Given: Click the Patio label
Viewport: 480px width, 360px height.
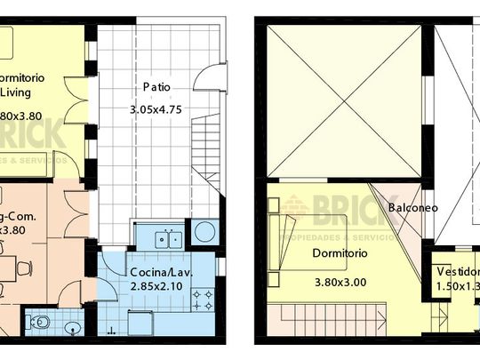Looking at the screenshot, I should coord(156,87).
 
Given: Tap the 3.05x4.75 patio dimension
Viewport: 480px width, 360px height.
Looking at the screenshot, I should coord(157,110).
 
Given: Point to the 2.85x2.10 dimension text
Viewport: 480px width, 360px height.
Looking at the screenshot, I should coord(156,287).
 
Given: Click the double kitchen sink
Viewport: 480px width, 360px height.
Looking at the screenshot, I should coord(167,238).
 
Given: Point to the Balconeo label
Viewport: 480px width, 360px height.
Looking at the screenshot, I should coord(411,207).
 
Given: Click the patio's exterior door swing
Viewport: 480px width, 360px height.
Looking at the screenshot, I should coord(205,81).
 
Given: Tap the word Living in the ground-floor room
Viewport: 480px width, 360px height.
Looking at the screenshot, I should coord(19,91).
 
